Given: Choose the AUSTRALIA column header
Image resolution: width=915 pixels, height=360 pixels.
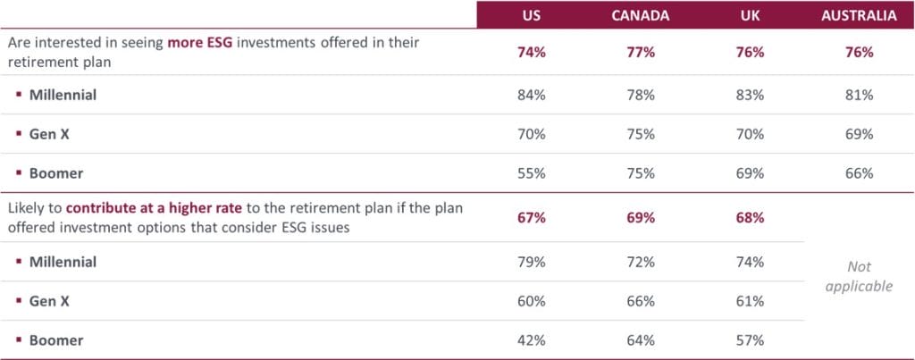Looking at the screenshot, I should point(859,16).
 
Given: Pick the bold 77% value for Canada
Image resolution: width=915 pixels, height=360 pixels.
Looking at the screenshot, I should point(640,53).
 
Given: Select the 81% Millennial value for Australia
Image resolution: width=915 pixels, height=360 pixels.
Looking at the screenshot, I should point(859,95).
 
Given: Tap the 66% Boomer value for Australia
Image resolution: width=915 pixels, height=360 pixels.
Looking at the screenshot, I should point(859,173).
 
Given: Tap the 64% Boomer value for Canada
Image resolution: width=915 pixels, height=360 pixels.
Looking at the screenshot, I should point(640,340).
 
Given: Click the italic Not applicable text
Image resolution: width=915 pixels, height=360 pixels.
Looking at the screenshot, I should point(859,277).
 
